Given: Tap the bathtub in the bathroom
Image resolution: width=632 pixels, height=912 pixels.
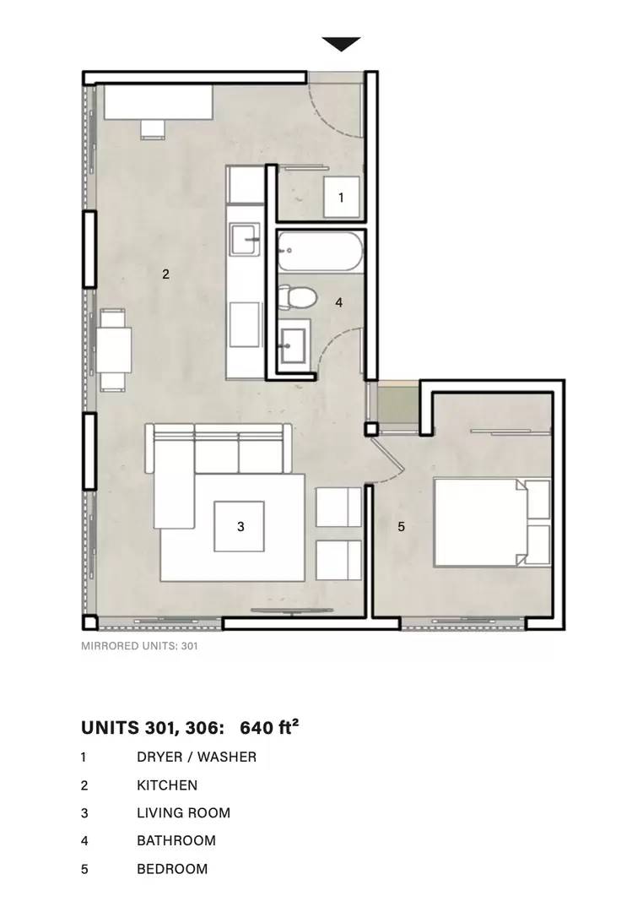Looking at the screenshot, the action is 321,252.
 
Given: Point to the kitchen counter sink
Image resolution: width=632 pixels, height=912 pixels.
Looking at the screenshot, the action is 245,239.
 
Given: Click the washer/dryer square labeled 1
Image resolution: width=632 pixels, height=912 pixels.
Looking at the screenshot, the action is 341,197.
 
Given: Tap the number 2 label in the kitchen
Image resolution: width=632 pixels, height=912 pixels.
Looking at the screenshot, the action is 165,274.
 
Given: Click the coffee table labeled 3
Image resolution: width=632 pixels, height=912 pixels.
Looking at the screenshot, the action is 239,526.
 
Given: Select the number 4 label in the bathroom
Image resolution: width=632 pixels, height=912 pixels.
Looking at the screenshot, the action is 339,301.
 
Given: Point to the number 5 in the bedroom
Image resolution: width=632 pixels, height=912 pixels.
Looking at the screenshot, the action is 401,526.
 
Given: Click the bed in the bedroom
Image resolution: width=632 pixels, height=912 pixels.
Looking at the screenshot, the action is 493,522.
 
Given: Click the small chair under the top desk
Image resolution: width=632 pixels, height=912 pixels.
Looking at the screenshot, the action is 153,129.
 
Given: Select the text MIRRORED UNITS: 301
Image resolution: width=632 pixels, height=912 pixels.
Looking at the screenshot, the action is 139,646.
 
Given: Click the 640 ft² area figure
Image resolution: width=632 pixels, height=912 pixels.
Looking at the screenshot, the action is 269,728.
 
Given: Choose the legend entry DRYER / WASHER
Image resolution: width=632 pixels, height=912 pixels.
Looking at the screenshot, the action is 197,757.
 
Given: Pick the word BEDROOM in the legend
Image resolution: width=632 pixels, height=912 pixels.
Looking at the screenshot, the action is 172,869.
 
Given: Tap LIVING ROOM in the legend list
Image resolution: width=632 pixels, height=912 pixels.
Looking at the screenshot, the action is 184,812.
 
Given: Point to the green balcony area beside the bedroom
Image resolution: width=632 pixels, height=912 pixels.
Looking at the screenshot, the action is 398,403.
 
